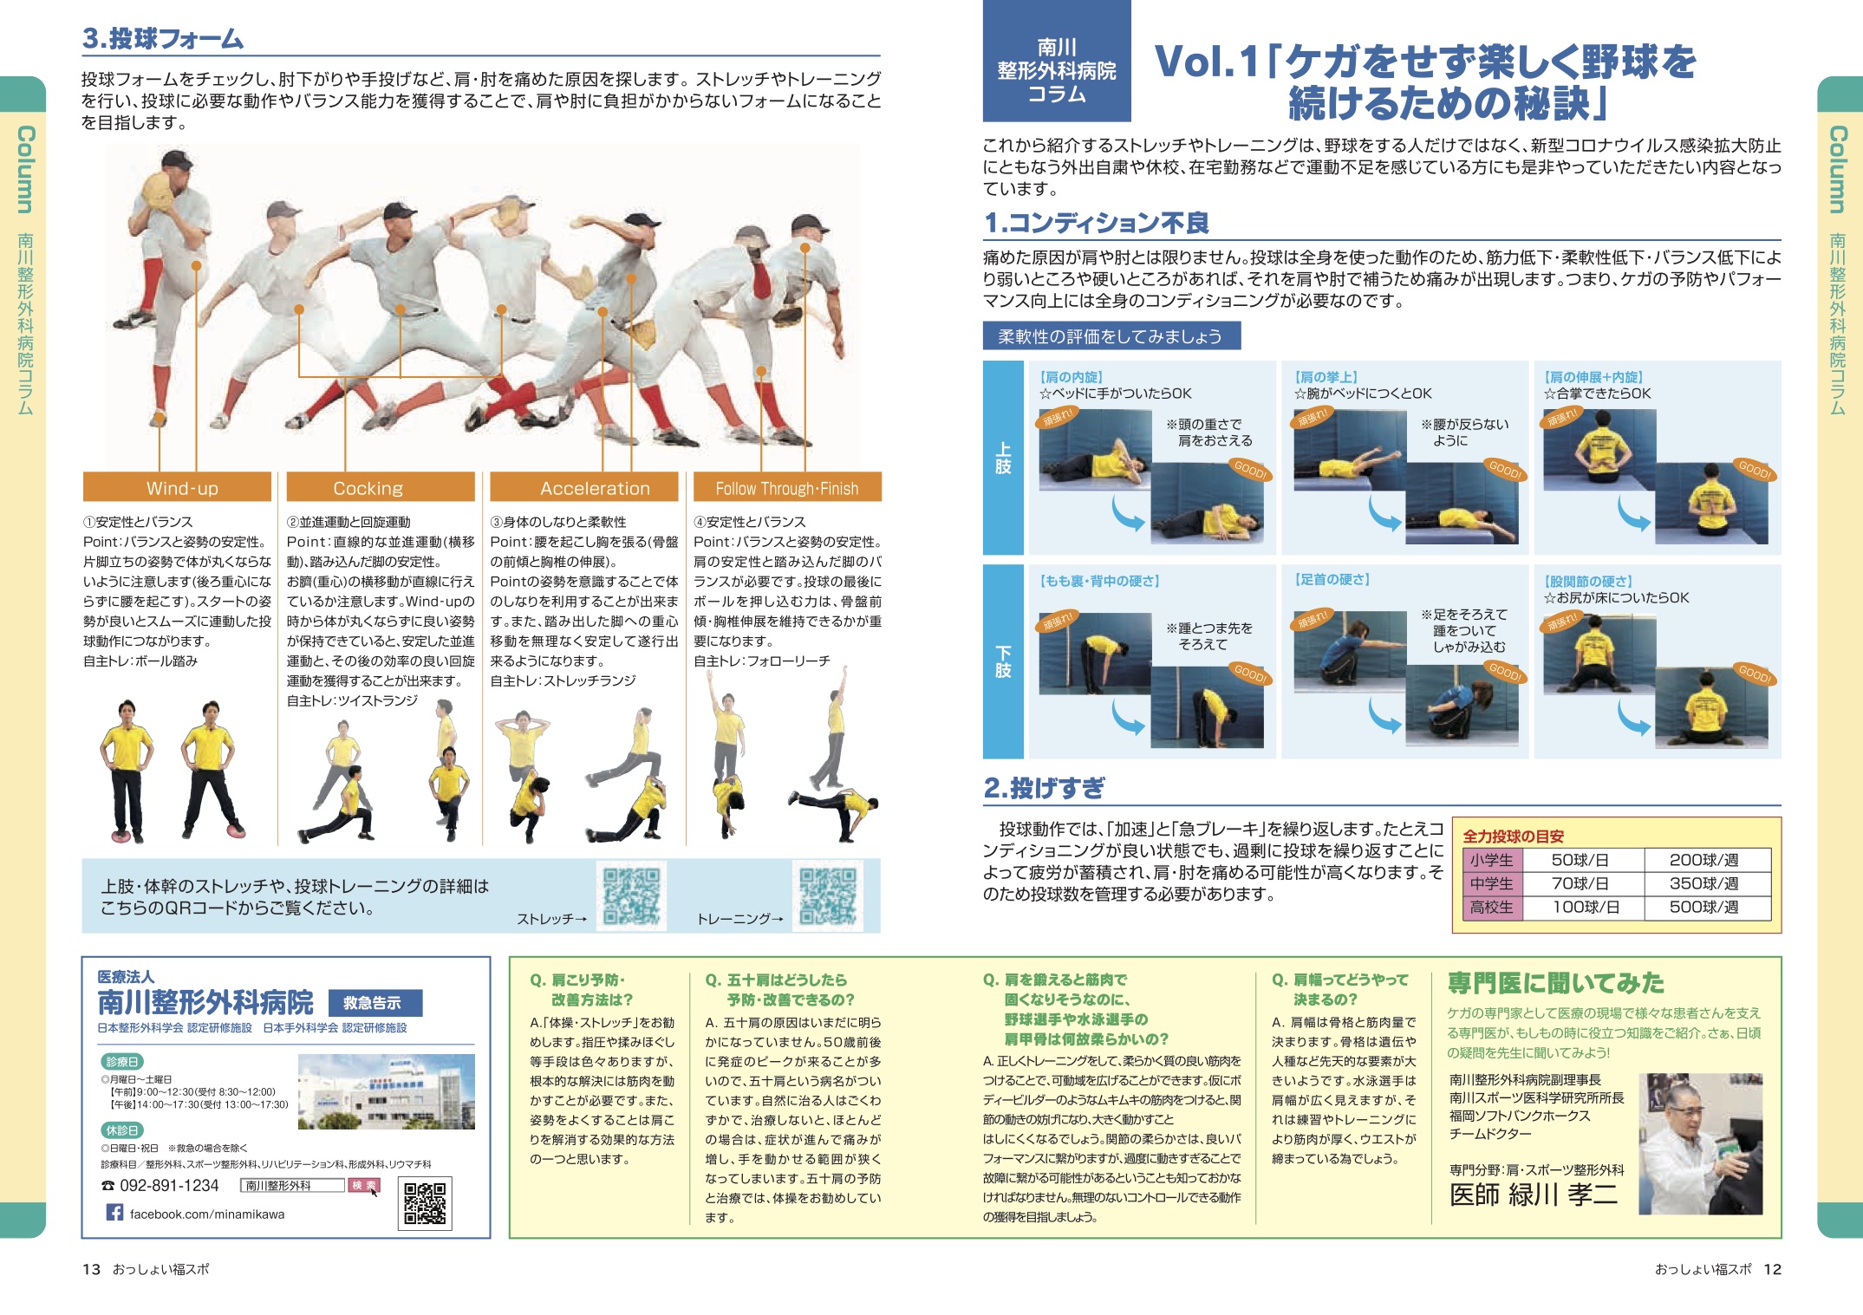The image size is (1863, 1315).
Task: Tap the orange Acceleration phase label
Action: click(584, 487)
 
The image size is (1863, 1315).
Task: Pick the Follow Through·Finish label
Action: click(787, 487)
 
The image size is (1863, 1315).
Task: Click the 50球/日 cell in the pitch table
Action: click(1580, 860)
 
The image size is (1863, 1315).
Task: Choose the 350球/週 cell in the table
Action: click(1704, 883)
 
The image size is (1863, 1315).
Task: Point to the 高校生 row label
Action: click(1491, 908)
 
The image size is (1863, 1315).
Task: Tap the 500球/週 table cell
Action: click(1704, 908)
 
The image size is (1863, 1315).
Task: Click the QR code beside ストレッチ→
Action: click(632, 895)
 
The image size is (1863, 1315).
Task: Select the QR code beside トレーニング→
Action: click(828, 895)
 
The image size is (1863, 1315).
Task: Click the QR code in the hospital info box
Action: click(425, 1202)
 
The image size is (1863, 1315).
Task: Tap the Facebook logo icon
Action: click(114, 1212)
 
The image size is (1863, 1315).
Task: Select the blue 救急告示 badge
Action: click(375, 1003)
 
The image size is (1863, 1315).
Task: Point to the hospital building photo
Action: click(387, 1091)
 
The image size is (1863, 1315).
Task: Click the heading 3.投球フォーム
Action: click(163, 38)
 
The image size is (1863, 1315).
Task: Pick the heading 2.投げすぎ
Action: click(1044, 787)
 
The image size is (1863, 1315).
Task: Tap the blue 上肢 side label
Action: click(1004, 458)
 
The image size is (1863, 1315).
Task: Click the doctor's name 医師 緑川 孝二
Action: click(1534, 1194)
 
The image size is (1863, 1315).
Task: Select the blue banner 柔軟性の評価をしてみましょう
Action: click(1111, 335)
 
